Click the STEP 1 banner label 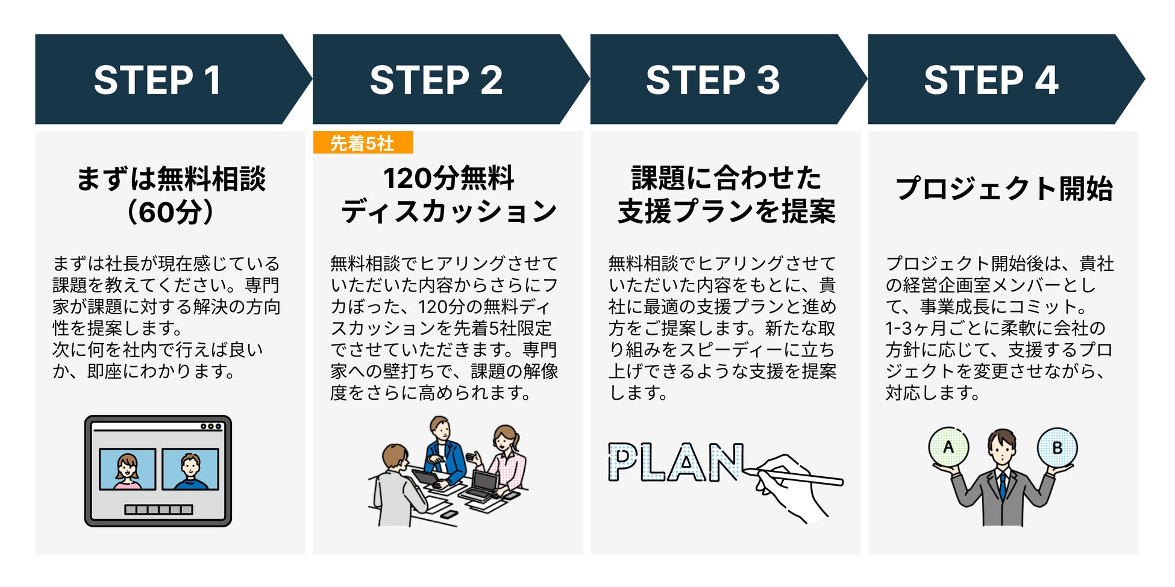[158, 80]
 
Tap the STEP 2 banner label [436, 80]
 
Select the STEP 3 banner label [713, 80]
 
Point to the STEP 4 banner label [991, 80]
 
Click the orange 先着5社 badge [363, 143]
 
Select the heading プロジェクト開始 [1004, 188]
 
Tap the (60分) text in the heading [171, 212]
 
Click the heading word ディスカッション [448, 212]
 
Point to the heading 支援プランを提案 [726, 212]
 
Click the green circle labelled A [948, 448]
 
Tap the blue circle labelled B [1057, 448]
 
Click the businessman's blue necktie [1002, 485]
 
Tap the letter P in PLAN [624, 462]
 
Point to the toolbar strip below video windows [158, 510]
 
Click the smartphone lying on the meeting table [449, 514]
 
